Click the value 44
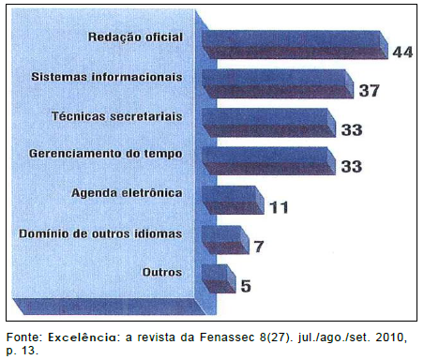[402, 52]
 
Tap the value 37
[369, 90]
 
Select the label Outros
[161, 271]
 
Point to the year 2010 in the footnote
[389, 335]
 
